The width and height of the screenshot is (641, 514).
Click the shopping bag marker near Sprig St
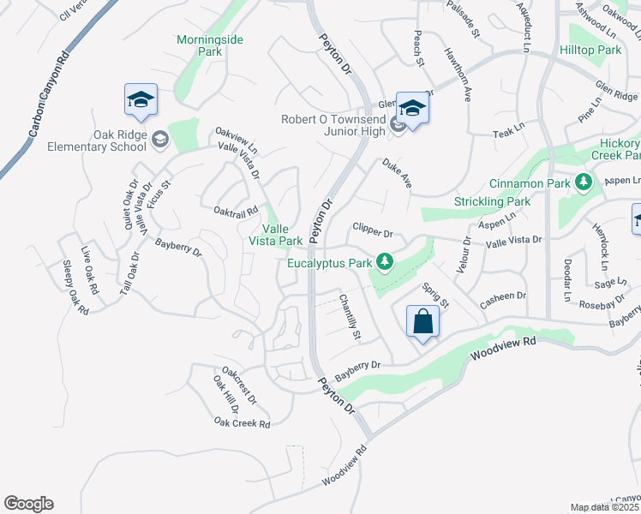tap(423, 323)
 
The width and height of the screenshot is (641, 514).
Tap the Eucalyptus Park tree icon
tap(386, 261)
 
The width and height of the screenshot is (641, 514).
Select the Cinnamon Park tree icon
tap(584, 182)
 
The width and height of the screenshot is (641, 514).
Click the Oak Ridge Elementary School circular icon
tap(160, 139)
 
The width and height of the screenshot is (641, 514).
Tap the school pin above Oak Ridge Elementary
tap(141, 101)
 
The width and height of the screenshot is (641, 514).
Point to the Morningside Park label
tap(199, 45)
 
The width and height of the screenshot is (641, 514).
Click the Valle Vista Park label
tap(282, 235)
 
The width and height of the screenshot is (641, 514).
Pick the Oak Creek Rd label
tap(243, 423)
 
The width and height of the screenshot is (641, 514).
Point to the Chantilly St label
tap(350, 317)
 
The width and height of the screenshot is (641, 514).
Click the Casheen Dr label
tap(503, 296)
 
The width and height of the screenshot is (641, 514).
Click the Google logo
tap(28, 504)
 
